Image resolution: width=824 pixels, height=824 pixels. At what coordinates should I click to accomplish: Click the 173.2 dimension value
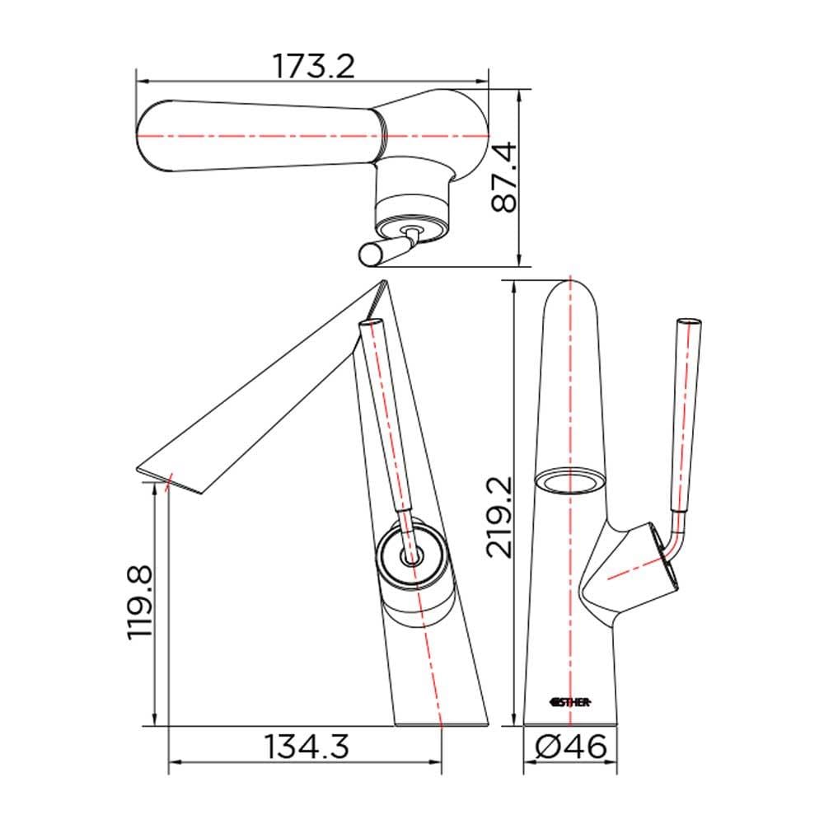[x=313, y=67]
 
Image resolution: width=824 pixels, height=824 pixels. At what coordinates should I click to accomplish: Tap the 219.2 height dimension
[x=499, y=517]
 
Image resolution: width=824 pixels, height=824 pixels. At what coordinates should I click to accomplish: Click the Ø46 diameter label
[x=570, y=747]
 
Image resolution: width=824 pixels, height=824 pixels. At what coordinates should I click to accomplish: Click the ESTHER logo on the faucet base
[x=570, y=701]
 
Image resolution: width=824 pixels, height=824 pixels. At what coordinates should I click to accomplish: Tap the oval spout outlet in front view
[x=570, y=480]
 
